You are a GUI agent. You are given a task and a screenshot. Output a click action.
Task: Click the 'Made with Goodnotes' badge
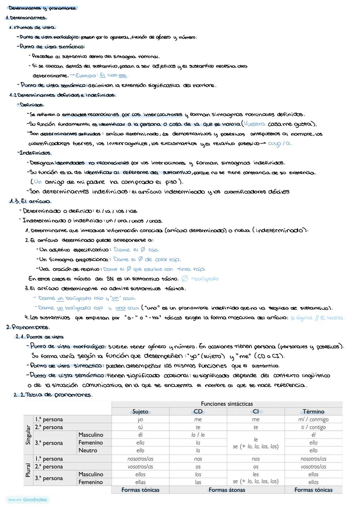(x=27, y=500)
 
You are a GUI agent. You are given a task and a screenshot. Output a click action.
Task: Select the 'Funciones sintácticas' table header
(x=227, y=404)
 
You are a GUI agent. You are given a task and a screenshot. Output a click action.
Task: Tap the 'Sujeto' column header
(x=140, y=412)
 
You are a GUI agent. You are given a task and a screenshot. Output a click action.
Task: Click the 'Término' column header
(x=313, y=412)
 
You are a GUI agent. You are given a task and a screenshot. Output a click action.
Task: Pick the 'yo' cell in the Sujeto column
(x=140, y=420)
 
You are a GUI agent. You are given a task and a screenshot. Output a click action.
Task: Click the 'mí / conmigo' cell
(x=313, y=420)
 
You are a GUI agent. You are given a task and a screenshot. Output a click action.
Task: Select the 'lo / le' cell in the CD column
(x=198, y=435)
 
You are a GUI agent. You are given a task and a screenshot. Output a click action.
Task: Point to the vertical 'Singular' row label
(x=28, y=435)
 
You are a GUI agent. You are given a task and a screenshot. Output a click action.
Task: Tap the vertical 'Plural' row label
(x=28, y=470)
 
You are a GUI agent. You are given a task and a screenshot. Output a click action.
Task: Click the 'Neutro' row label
(x=88, y=450)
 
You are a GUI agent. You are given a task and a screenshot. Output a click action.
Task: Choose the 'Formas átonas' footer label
(x=227, y=490)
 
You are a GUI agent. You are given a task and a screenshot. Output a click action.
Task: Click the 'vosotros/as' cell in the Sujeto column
(x=140, y=467)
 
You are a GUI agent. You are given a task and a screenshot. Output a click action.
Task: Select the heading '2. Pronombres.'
(x=28, y=327)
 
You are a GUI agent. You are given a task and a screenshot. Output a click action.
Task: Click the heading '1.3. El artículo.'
(x=30, y=201)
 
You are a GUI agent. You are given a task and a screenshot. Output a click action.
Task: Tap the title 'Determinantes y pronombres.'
(x=43, y=8)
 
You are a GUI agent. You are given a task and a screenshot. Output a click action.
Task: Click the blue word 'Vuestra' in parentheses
(x=255, y=124)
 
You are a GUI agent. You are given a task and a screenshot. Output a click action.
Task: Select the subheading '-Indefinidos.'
(x=34, y=153)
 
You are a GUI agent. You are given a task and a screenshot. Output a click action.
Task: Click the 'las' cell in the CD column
(x=198, y=482)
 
